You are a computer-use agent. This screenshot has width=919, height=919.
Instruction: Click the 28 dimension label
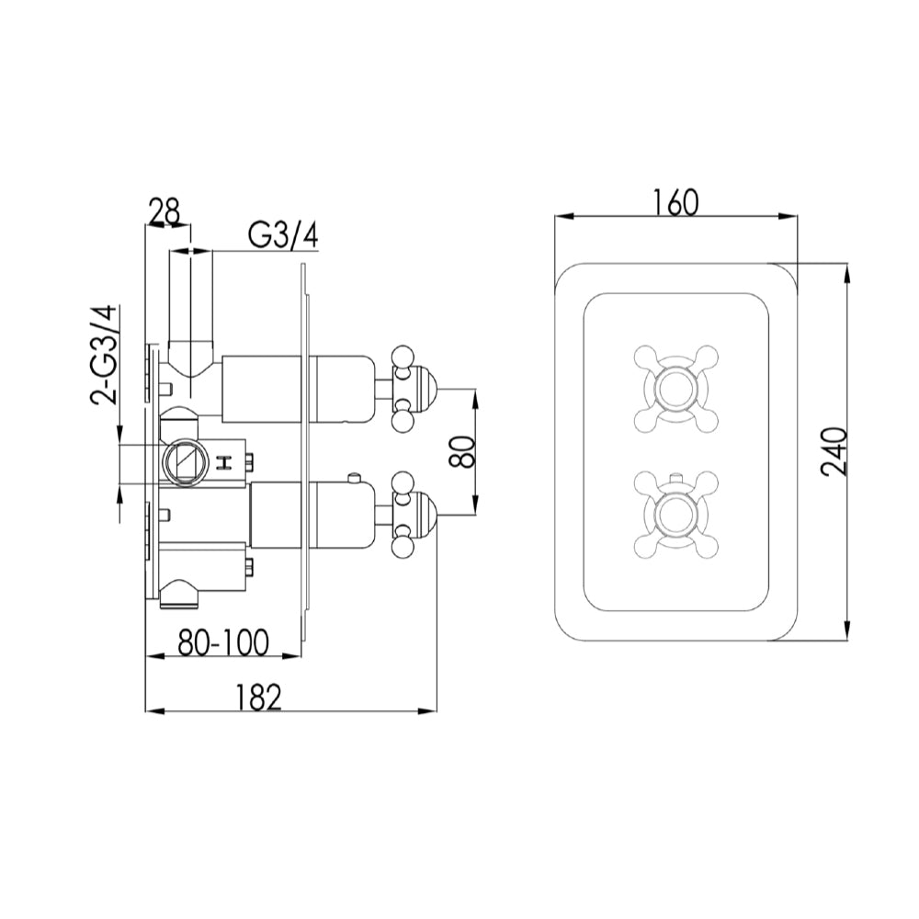(x=165, y=211)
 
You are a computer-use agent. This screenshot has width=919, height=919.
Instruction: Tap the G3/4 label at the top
(x=283, y=235)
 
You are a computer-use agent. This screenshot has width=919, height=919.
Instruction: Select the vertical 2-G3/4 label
(x=104, y=357)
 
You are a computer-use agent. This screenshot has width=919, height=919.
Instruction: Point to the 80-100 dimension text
(x=223, y=641)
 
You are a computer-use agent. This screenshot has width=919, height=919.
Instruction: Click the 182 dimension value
(x=258, y=698)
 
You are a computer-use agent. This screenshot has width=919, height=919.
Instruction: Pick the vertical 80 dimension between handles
(x=463, y=451)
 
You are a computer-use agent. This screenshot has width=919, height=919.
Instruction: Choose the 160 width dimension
(x=675, y=202)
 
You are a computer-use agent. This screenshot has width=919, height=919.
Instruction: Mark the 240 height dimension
(x=834, y=452)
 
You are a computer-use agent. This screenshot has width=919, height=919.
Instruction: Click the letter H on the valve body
(x=223, y=463)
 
